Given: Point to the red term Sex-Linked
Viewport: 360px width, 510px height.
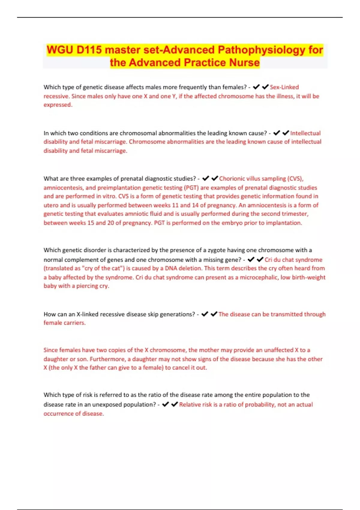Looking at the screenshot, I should tap(284, 87).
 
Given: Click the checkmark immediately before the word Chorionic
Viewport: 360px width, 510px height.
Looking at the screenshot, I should tap(215, 178).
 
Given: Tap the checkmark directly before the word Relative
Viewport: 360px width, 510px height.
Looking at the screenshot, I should tap(175, 404).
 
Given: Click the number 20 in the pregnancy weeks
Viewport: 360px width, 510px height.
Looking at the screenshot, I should tap(110, 223).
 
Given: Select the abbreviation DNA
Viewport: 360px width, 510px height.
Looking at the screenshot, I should tap(171, 268).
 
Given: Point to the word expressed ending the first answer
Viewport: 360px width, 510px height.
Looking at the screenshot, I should tap(58, 105).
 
